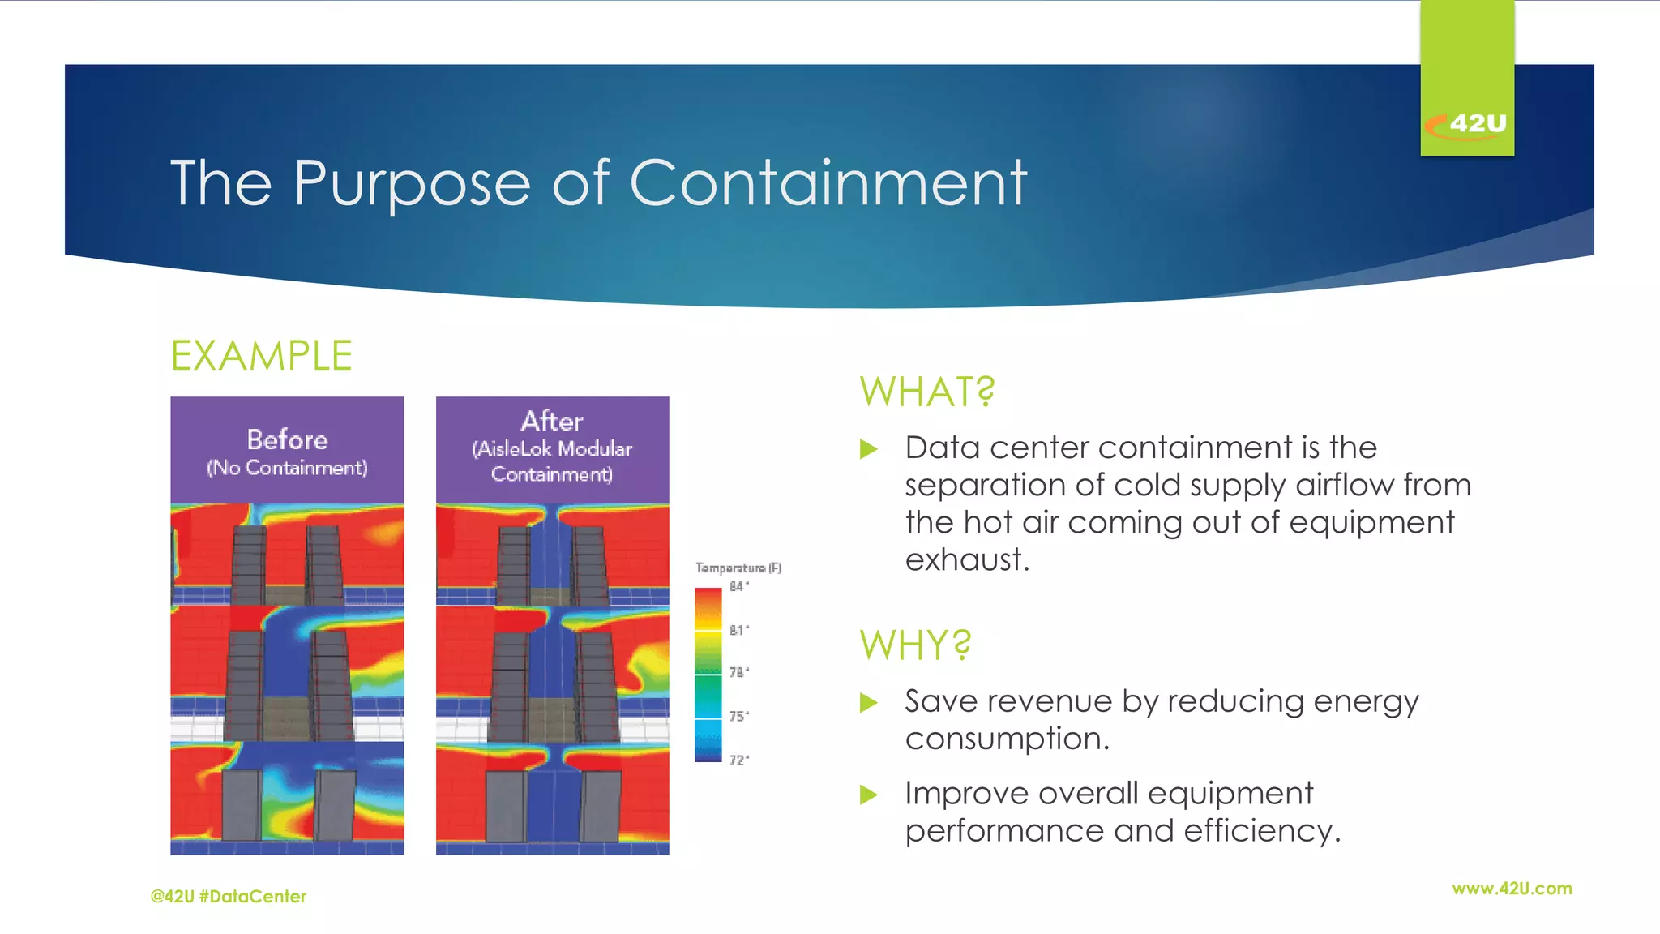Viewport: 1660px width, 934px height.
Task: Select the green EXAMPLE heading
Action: coord(261,356)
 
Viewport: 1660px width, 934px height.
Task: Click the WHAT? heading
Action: coord(926,392)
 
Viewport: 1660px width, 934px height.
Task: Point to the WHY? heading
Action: coord(915,645)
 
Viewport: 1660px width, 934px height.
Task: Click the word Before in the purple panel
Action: coord(287,439)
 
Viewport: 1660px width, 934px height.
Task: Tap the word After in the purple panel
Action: coord(552,421)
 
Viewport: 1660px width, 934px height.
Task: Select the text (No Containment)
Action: coord(287,468)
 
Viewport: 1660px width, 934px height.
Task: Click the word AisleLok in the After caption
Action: coord(515,448)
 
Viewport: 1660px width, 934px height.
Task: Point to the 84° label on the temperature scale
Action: coord(738,586)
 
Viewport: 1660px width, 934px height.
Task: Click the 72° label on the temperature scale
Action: coord(738,760)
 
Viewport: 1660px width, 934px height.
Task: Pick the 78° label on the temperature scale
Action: coord(738,672)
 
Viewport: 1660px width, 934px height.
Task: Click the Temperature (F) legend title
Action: coord(738,568)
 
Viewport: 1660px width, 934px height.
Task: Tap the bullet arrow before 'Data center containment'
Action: coord(868,448)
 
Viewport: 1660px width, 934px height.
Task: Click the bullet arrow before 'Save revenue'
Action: coord(868,702)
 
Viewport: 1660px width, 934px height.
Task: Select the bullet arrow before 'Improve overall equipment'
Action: coord(868,795)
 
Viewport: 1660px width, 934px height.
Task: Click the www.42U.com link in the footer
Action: coord(1512,889)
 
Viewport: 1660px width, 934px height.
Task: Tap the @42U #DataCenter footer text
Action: coord(229,896)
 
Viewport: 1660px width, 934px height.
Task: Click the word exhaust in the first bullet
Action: coord(966,559)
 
